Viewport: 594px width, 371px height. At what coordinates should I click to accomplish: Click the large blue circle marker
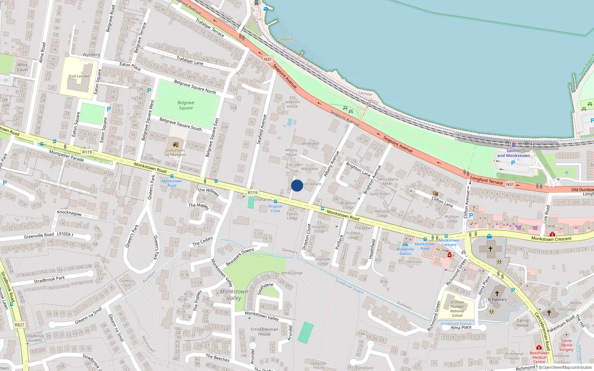(x=297, y=185)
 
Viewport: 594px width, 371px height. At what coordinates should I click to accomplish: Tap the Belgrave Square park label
(x=186, y=105)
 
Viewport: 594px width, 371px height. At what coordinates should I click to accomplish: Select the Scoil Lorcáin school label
(x=79, y=76)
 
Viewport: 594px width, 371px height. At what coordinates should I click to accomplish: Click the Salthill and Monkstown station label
(x=513, y=153)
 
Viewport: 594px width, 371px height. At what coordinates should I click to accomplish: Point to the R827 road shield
(x=19, y=325)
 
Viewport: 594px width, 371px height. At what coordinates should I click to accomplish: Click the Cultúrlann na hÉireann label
(x=175, y=152)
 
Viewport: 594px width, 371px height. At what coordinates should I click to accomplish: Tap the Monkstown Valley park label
(x=234, y=295)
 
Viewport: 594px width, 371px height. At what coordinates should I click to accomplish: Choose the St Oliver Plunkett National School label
(x=457, y=309)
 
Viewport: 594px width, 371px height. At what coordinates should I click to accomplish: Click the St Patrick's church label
(x=497, y=299)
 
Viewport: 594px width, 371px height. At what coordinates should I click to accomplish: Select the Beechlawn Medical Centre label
(x=539, y=357)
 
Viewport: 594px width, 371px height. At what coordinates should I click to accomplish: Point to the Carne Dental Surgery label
(x=566, y=345)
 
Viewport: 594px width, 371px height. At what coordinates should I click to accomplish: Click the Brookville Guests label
(x=405, y=252)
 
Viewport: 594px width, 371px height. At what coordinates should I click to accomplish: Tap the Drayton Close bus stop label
(x=275, y=209)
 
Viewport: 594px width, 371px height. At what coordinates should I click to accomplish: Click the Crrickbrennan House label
(x=264, y=332)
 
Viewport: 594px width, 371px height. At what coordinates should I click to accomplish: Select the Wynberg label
(x=91, y=55)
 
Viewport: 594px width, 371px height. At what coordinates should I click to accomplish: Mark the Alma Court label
(x=22, y=67)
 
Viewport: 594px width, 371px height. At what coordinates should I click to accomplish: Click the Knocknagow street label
(x=69, y=213)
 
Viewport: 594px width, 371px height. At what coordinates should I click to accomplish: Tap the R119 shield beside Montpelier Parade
(x=87, y=152)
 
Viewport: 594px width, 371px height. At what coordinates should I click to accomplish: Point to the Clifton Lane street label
(x=442, y=202)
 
